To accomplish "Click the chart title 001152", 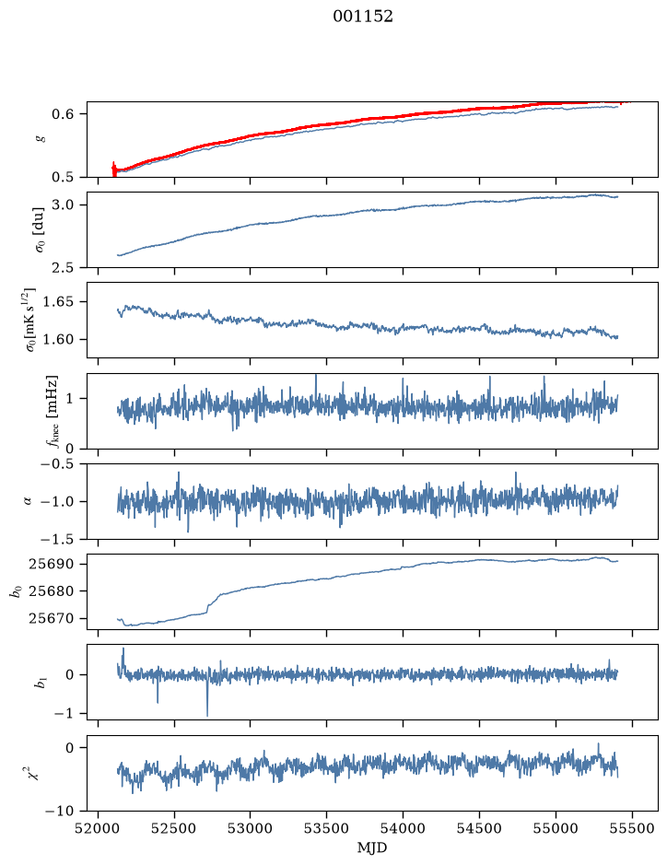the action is pos(362,17).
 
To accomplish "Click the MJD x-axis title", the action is pos(372,847).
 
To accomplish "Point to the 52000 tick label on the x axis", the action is pos(99,828).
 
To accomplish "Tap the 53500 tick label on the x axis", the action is pos(327,828).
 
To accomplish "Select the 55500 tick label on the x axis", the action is pos(632,828).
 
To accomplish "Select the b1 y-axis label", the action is pos(41,683).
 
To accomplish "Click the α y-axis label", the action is pos(29,501).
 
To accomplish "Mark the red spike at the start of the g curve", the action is pos(114,169).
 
